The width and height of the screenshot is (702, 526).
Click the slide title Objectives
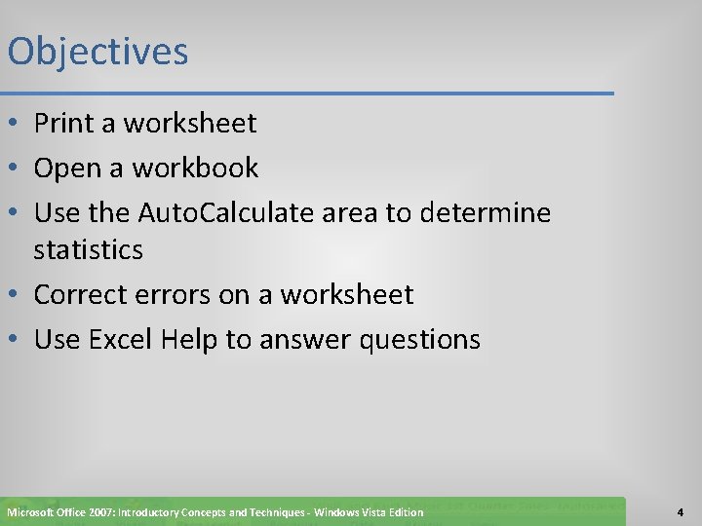(x=97, y=52)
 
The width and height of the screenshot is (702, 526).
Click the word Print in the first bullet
(x=63, y=124)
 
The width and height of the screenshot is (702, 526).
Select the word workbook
(x=196, y=169)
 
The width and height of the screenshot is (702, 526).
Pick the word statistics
(x=88, y=250)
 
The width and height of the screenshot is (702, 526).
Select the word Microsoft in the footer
(x=30, y=512)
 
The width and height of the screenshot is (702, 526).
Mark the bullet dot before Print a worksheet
(x=15, y=125)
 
